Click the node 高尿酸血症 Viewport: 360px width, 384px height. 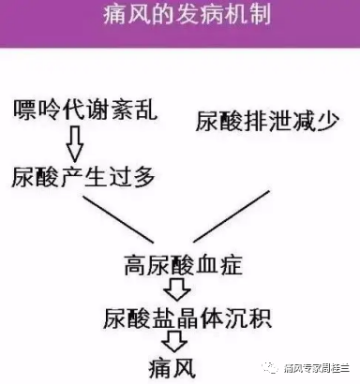coord(184,265)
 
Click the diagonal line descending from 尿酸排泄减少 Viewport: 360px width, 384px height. coord(247,206)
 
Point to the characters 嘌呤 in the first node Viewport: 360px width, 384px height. coord(37,111)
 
